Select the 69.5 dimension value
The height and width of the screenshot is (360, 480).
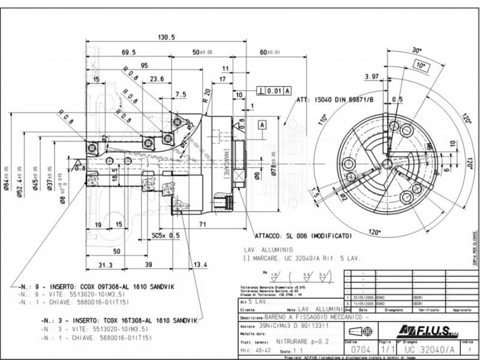(x=128, y=53)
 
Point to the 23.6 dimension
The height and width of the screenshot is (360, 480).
(x=157, y=79)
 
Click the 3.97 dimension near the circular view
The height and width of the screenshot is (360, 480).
(x=372, y=76)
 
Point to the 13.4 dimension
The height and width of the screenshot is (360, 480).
(x=200, y=265)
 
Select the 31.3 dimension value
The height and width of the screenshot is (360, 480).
(x=105, y=265)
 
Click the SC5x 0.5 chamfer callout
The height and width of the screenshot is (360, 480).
(x=166, y=235)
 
